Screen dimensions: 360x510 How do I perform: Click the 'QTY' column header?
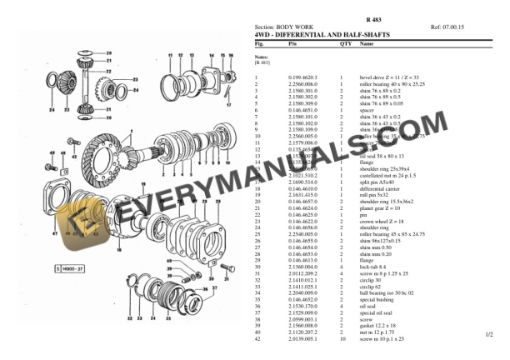[x=344, y=42]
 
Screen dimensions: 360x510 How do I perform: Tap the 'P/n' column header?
[x=292, y=42]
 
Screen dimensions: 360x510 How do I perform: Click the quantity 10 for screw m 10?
[x=342, y=340]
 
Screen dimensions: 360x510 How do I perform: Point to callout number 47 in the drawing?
[x=55, y=235]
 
